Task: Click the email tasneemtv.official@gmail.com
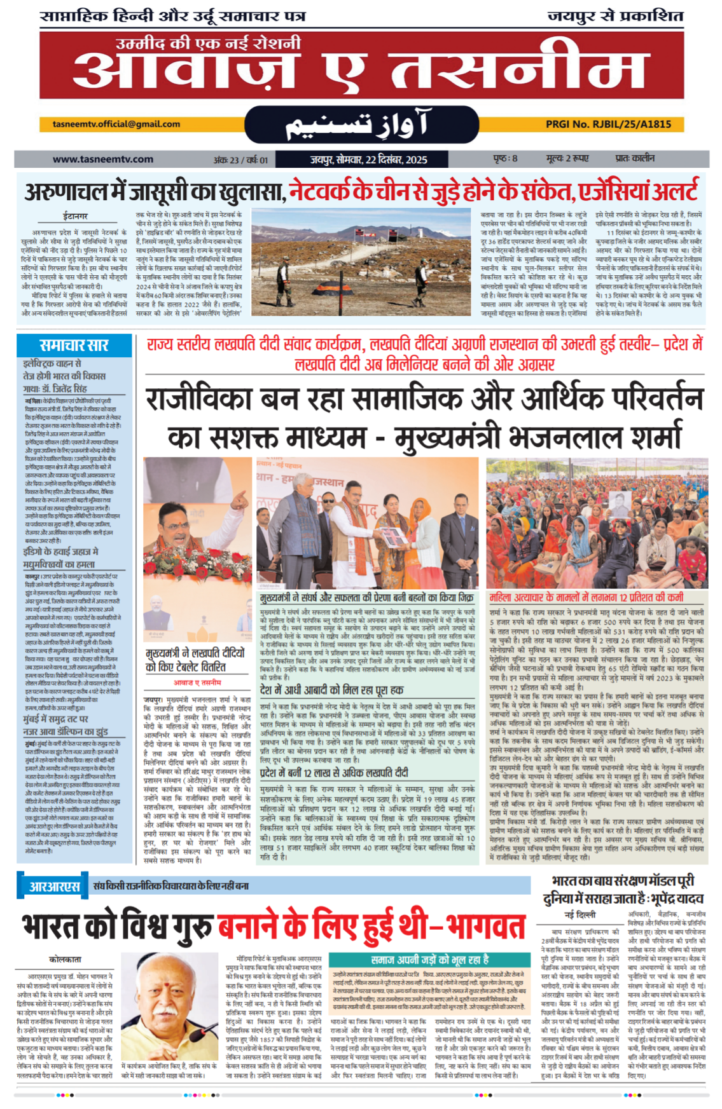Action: click(x=116, y=125)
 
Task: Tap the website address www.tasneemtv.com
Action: click(x=102, y=159)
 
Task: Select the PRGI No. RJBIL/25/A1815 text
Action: click(x=608, y=125)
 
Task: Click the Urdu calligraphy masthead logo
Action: click(x=361, y=125)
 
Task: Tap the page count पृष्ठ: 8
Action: click(x=505, y=158)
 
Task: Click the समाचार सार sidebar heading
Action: click(x=74, y=345)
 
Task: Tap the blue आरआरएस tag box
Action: click(x=54, y=886)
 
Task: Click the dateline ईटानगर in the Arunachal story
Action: click(x=75, y=216)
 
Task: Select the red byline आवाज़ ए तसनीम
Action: click(x=197, y=682)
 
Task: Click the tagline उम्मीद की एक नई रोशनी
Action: click(x=208, y=44)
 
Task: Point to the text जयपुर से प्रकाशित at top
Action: click(x=614, y=17)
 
